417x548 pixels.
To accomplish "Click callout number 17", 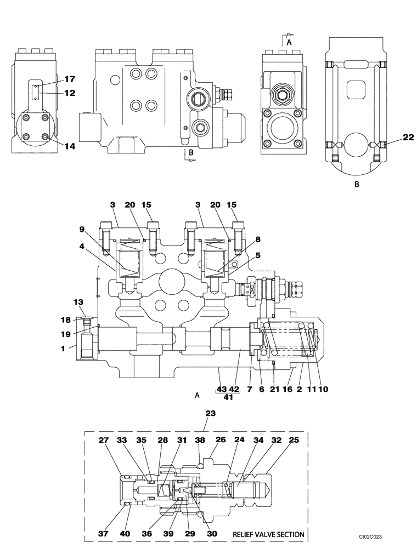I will coord(70,79).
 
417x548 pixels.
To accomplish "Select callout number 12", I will coord(70,93).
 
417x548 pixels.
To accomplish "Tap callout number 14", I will coord(70,146).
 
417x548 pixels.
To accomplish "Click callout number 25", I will coord(294,439).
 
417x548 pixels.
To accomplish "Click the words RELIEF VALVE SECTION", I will coord(268,534).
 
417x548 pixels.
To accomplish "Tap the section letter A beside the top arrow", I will coord(289,41).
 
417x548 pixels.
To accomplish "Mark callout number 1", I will coord(64,348).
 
